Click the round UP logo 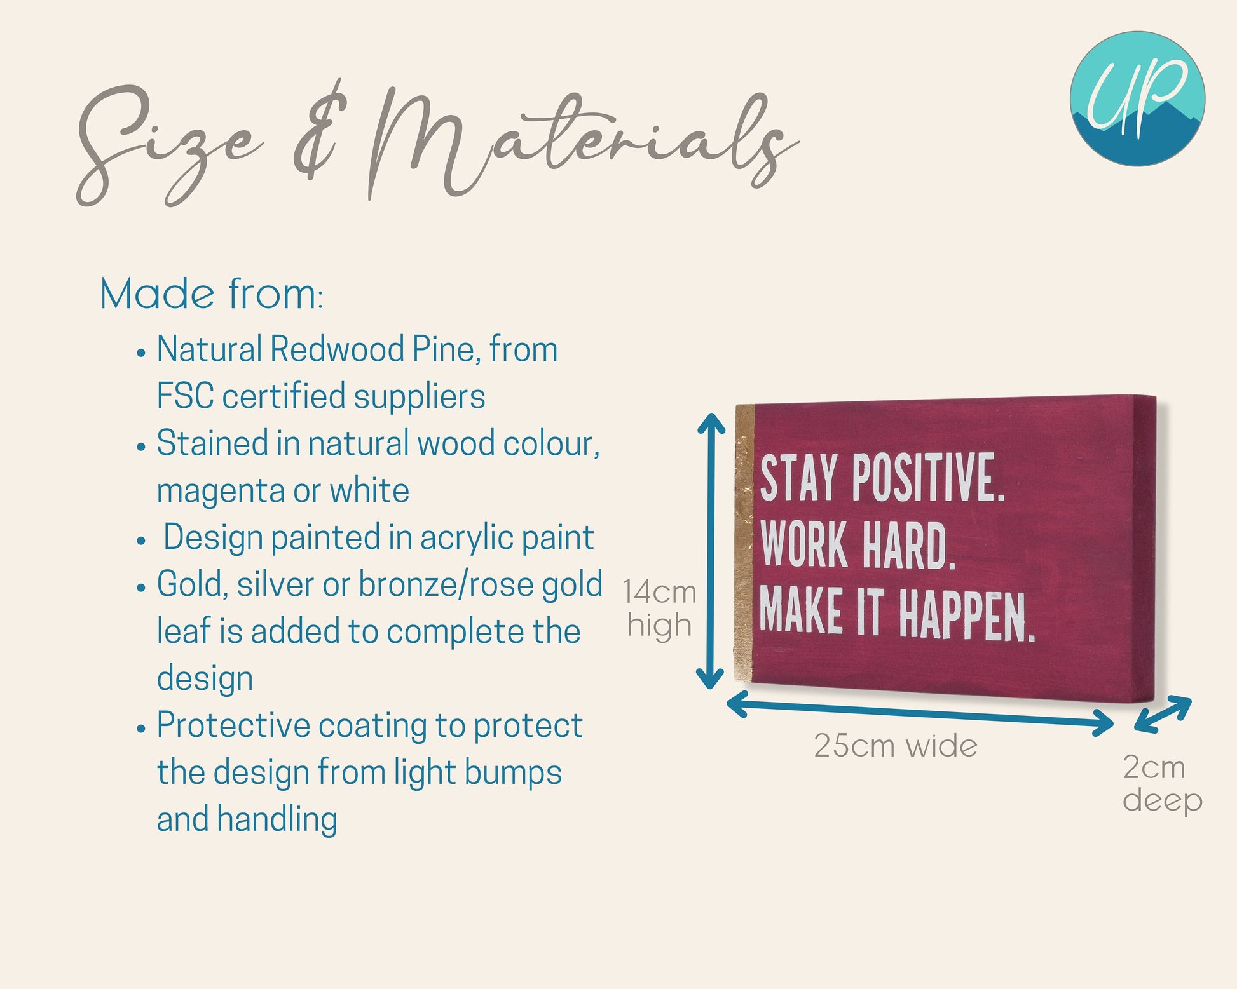click(1137, 98)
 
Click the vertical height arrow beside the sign click(711, 551)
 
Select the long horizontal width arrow click(920, 713)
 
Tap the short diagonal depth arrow click(1163, 715)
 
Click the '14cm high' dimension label click(659, 609)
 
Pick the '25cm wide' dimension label click(896, 746)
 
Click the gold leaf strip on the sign click(744, 545)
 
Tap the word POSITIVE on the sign click(928, 477)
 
